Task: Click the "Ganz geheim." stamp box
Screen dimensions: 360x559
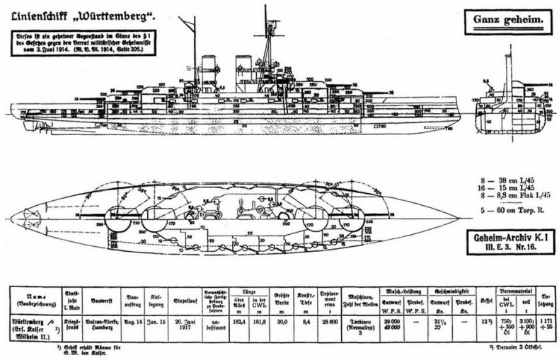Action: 505,23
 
